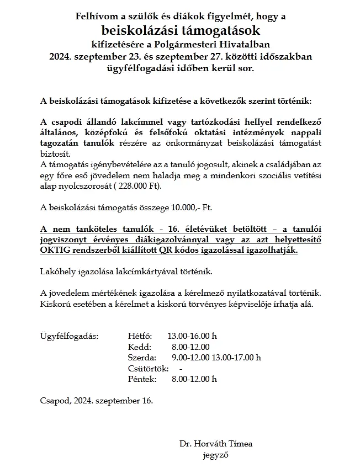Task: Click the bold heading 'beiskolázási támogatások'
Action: (180, 30)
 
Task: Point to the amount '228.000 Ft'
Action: (139, 186)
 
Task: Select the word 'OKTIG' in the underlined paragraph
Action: (55, 250)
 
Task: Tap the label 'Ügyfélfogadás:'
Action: (70, 336)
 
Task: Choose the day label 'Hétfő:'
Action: (139, 336)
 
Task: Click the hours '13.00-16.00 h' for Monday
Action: (192, 336)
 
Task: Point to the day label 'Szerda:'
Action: (141, 358)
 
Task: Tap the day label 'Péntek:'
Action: (141, 379)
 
